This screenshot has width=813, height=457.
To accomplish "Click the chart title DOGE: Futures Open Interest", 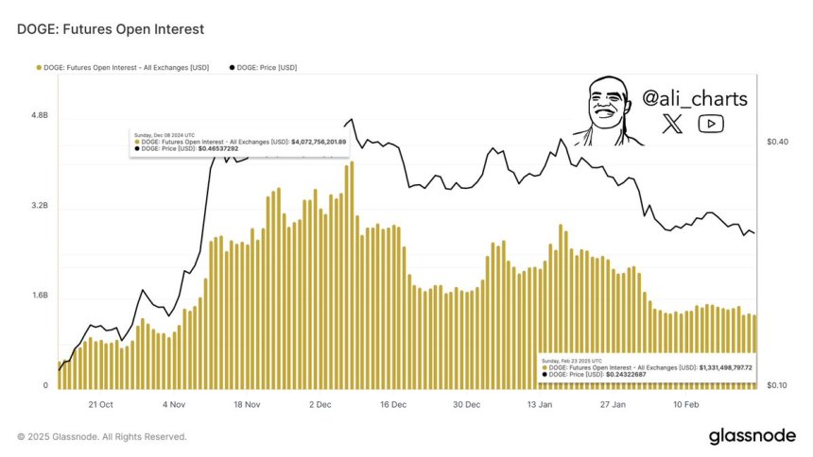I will click(x=111, y=29).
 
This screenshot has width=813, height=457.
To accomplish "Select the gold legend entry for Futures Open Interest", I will click(x=122, y=67).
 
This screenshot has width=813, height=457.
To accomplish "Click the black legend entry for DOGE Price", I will click(x=265, y=67).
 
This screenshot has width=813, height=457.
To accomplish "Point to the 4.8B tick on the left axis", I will click(x=39, y=115).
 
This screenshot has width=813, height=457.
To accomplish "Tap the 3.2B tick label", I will click(x=39, y=206).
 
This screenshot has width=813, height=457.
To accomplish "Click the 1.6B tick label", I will click(x=39, y=296).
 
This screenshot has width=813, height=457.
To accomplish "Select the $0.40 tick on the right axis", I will click(x=777, y=142).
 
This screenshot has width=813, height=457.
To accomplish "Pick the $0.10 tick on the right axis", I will click(x=777, y=386).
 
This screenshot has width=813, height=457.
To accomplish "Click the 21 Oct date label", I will click(x=99, y=404).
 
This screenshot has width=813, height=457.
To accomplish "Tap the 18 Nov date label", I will click(x=246, y=404).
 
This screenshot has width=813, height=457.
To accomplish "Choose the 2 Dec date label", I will click(x=319, y=404).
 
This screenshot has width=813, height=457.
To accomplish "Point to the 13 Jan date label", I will click(x=539, y=404).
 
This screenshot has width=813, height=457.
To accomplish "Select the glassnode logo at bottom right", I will click(x=752, y=436).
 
